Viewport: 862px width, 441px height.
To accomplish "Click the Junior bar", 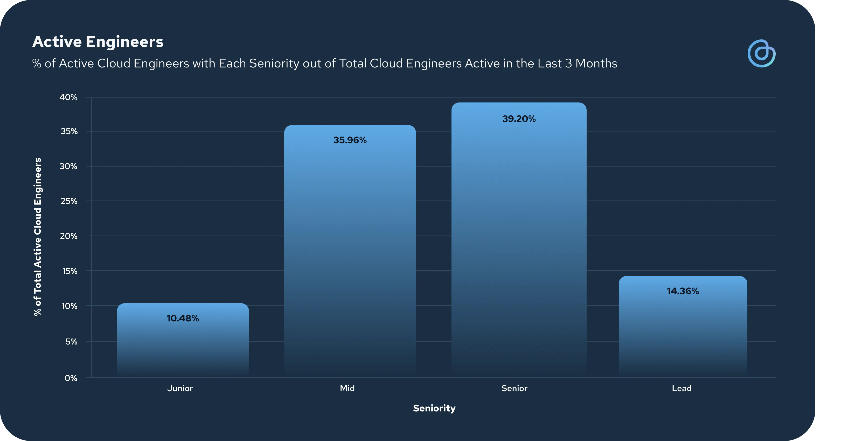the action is [183, 340].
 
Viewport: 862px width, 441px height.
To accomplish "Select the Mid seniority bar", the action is [350, 251].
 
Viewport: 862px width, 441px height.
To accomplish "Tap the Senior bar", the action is [519, 240].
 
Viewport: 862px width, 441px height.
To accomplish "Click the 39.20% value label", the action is [519, 119].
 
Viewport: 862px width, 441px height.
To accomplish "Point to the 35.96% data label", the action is [350, 140].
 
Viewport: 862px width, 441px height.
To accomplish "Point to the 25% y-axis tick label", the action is [69, 201].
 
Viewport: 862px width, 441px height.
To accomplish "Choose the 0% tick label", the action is [71, 378].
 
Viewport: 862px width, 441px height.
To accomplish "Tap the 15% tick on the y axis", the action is [70, 271].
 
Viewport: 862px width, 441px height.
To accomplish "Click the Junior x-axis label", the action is [180, 388].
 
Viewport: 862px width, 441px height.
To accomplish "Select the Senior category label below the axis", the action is [514, 388].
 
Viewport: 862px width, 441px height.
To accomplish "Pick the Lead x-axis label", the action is [682, 388].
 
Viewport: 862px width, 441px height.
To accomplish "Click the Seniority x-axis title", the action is [434, 408].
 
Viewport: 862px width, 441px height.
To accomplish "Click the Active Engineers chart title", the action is [98, 42].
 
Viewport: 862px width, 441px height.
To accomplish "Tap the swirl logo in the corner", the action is [761, 54].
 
